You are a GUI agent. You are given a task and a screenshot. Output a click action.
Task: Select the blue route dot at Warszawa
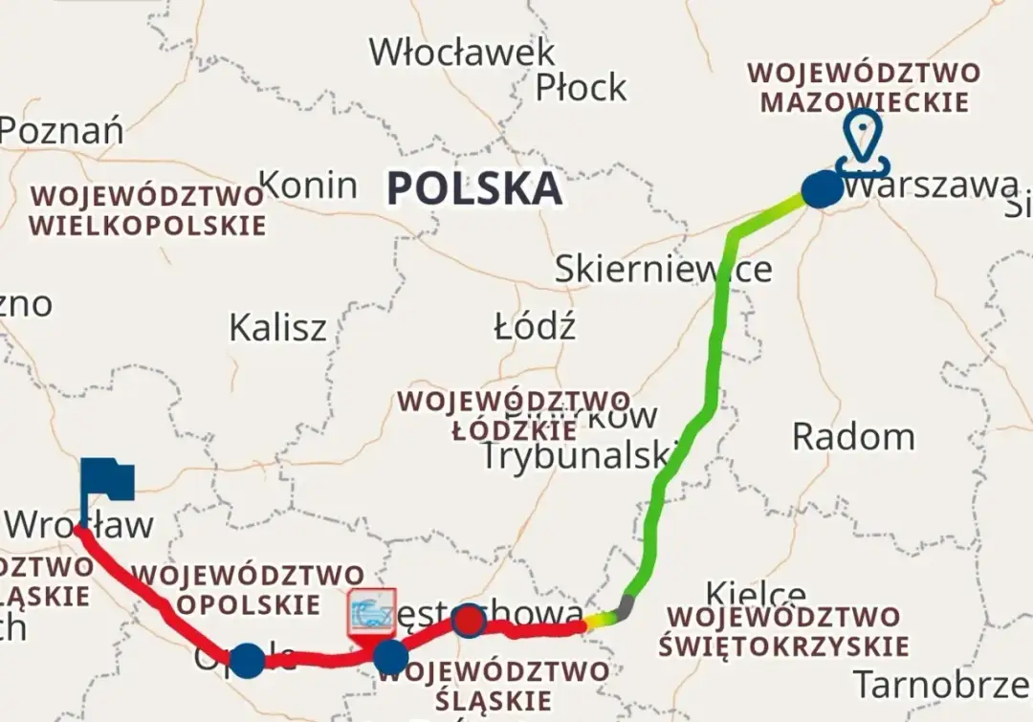pyautogui.click(x=822, y=189)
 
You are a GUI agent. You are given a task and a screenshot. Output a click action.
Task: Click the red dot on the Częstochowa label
pyautogui.click(x=469, y=622)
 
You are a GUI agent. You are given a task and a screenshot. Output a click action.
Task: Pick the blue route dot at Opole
pyautogui.click(x=247, y=660)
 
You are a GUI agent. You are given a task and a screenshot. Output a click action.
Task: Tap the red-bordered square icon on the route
pyautogui.click(x=371, y=613)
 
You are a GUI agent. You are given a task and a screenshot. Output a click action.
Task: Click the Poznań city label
pyautogui.click(x=62, y=130)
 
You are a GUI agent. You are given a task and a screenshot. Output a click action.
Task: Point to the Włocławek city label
pyautogui.click(x=462, y=53)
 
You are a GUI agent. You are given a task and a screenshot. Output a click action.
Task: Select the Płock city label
pyautogui.click(x=581, y=88)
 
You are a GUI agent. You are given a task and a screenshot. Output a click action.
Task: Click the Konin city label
pyautogui.click(x=309, y=185)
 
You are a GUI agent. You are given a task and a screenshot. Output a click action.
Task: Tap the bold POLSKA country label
pyautogui.click(x=474, y=188)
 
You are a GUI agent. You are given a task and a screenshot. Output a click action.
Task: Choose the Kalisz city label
pyautogui.click(x=277, y=328)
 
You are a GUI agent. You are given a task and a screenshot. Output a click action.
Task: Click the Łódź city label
pyautogui.click(x=535, y=328)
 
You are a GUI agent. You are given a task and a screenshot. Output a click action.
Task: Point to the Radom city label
pyautogui.click(x=853, y=437)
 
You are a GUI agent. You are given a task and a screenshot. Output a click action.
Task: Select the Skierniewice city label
pyautogui.click(x=663, y=270)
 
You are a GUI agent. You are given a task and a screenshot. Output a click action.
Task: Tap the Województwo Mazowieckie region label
pyautogui.click(x=864, y=87)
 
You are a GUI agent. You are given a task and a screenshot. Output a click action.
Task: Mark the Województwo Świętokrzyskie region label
pyautogui.click(x=783, y=631)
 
